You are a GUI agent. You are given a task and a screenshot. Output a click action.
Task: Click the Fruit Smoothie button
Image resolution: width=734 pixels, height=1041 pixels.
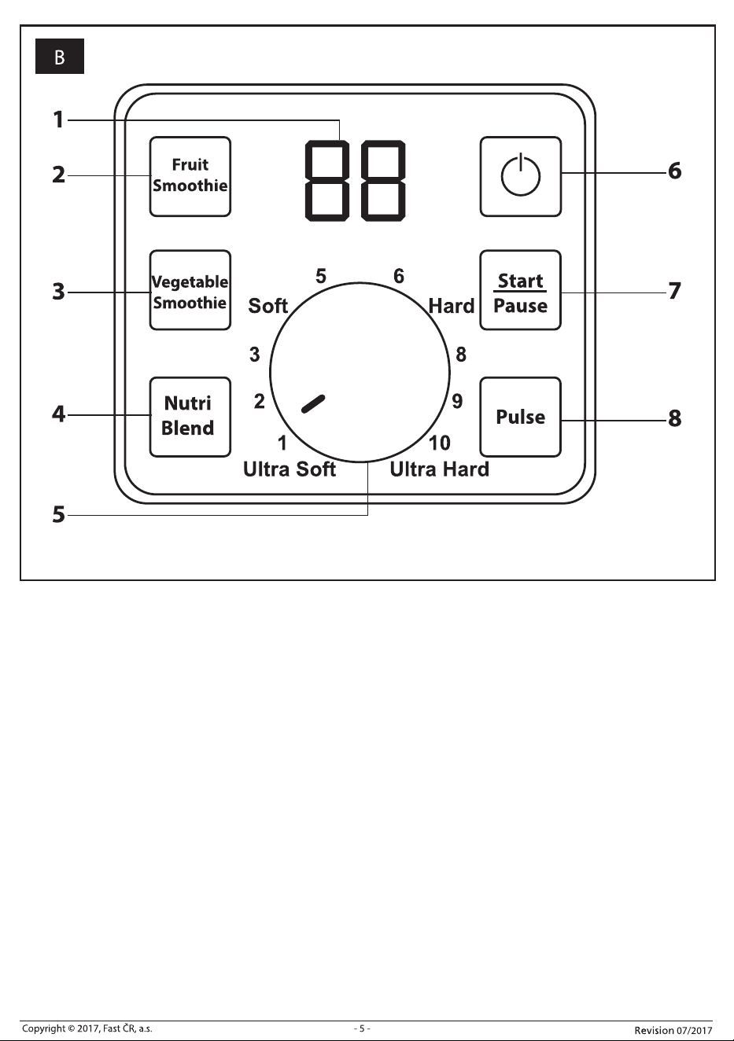[x=190, y=177]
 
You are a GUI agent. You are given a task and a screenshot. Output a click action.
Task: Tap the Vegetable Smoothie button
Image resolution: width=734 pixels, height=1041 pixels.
[x=190, y=290]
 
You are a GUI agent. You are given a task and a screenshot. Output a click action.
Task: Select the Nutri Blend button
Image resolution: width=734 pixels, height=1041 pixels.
[x=190, y=417]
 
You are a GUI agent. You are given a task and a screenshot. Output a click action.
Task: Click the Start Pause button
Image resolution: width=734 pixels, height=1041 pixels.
[x=521, y=290]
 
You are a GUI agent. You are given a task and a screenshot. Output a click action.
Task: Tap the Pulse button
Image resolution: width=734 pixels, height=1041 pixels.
[x=521, y=417]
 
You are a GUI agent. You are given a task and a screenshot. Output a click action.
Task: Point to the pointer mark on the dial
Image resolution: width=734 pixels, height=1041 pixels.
[x=313, y=404]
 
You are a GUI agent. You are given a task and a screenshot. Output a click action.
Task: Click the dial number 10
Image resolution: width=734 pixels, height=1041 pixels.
[x=440, y=443]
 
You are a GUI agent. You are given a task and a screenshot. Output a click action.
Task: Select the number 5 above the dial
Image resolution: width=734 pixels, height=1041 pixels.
[x=321, y=276]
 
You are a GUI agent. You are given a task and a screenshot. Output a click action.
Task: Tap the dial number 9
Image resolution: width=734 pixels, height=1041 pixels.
[x=457, y=401]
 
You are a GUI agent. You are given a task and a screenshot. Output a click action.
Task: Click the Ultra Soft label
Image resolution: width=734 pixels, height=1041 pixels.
[x=290, y=469]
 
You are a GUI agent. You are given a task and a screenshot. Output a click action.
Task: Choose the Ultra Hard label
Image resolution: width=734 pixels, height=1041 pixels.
[x=440, y=469]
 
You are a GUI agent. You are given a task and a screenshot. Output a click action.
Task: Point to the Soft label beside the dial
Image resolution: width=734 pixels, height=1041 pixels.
[x=268, y=306]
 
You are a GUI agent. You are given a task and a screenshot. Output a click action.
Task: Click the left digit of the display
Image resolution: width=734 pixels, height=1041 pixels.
[x=327, y=181]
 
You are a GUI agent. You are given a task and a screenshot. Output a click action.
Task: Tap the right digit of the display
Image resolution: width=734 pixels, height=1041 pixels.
[x=383, y=181]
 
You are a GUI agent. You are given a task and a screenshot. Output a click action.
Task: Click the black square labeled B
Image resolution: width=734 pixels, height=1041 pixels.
[x=60, y=57]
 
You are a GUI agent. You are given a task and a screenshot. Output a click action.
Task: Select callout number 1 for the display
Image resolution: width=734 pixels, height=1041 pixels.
[x=58, y=120]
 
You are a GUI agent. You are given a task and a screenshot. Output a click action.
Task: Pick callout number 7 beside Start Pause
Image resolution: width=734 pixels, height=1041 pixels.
[x=675, y=292]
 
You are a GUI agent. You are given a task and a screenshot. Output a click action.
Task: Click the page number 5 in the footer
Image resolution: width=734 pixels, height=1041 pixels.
[x=362, y=1028]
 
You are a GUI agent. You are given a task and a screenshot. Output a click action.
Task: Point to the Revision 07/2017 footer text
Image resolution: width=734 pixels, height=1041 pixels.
[x=673, y=1030]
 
